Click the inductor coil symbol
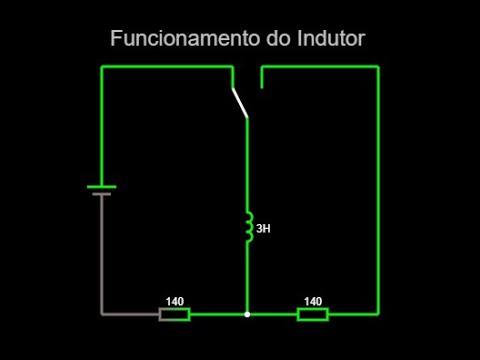(248, 228)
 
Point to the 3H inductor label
(263, 229)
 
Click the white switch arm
(240, 103)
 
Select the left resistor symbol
(175, 314)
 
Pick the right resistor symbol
(313, 314)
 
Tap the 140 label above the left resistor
(175, 301)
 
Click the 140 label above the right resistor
(313, 301)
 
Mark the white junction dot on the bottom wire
(247, 314)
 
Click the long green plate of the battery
(101, 186)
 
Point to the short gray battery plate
(101, 194)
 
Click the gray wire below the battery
(101, 250)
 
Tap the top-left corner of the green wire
(102, 67)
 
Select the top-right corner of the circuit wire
(378, 67)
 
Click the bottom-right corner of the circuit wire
(378, 314)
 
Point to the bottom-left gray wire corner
(102, 314)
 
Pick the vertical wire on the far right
(378, 190)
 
